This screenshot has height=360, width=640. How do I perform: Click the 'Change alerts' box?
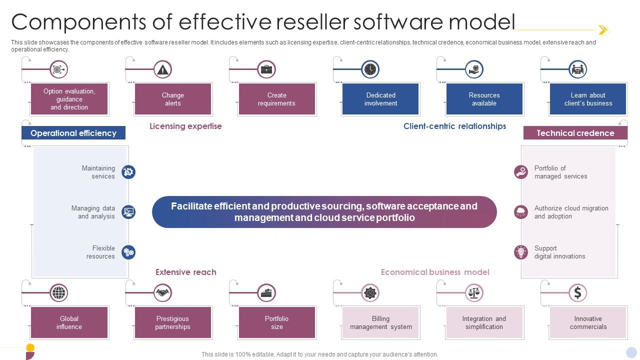[173, 99]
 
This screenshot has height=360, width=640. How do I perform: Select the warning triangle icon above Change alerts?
[162, 69]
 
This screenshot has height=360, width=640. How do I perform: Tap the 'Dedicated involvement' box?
[380, 99]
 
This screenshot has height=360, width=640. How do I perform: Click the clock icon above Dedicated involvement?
[370, 69]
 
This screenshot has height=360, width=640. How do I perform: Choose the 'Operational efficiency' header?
[73, 133]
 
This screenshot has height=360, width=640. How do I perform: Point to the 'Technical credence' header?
[575, 133]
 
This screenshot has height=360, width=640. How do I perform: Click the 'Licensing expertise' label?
[185, 126]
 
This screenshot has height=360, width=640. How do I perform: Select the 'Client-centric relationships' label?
[454, 126]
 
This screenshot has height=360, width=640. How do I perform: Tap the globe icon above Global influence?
[58, 292]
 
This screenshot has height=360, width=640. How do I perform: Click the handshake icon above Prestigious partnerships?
[162, 292]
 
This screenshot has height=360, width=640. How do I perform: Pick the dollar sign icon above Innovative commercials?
[577, 292]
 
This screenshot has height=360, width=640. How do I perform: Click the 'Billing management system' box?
[380, 322]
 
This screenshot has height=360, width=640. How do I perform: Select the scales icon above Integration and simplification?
[473, 292]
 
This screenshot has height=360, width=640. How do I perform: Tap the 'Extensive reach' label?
[185, 272]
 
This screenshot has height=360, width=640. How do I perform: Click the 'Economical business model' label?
[435, 272]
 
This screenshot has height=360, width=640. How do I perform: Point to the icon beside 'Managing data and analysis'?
[128, 212]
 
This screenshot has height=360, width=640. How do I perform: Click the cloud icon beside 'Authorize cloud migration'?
[521, 212]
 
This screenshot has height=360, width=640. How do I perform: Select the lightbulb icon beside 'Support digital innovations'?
[521, 252]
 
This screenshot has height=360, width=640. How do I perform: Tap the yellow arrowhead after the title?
[603, 30]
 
